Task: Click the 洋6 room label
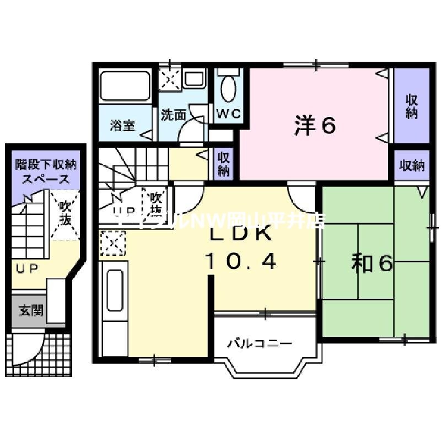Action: pyautogui.click(x=315, y=126)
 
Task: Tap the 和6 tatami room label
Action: pyautogui.click(x=372, y=264)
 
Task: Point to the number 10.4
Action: pyautogui.click(x=241, y=260)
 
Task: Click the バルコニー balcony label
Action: pyautogui.click(x=260, y=344)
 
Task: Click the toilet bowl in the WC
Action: pyautogui.click(x=227, y=88)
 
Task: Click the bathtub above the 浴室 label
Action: pyautogui.click(x=125, y=85)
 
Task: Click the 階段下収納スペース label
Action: pyautogui.click(x=46, y=171)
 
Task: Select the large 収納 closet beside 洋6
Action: pyautogui.click(x=411, y=107)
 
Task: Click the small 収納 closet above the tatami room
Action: pyautogui.click(x=411, y=165)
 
